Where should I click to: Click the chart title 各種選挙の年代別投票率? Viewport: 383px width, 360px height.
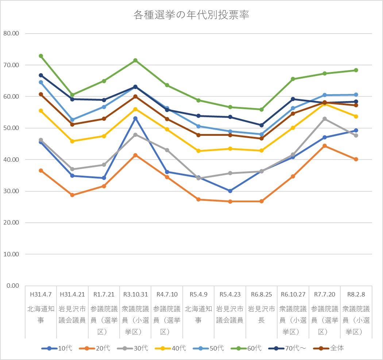click(x=191, y=15)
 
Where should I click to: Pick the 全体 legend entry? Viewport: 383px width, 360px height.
click(x=330, y=348)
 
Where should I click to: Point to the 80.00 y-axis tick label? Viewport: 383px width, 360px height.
click(x=11, y=34)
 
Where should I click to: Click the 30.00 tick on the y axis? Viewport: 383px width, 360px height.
click(x=11, y=191)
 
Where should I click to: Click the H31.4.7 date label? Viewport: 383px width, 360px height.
click(x=41, y=294)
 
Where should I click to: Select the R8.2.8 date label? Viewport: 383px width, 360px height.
click(x=356, y=294)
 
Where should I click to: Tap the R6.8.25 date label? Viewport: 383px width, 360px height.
click(x=262, y=294)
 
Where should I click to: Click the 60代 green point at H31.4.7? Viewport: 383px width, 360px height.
click(x=41, y=56)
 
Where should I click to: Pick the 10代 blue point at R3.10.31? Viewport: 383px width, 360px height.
click(x=135, y=118)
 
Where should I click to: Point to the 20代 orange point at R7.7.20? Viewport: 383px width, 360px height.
click(x=325, y=146)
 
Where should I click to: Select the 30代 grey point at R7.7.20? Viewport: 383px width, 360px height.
click(x=325, y=119)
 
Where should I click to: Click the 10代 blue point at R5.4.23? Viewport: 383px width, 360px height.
click(x=230, y=191)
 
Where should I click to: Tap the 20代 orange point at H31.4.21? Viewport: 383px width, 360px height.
click(x=72, y=195)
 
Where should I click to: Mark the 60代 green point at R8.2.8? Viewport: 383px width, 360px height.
click(x=356, y=70)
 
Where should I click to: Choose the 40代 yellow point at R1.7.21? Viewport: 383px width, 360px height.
click(x=104, y=136)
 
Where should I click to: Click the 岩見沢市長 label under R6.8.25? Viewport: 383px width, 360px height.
click(x=262, y=314)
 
